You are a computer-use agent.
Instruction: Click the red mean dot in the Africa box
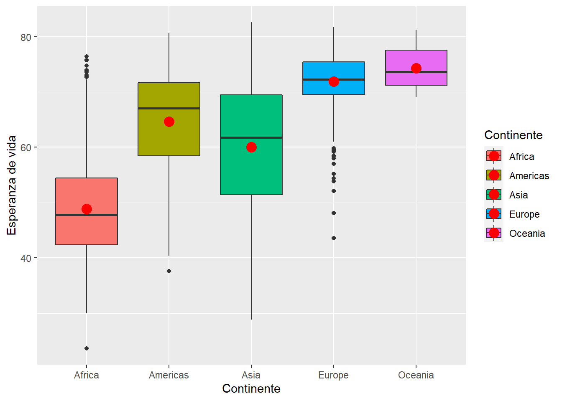(87, 209)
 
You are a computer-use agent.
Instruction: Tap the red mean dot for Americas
(169, 122)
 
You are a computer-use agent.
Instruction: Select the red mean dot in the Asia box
(251, 147)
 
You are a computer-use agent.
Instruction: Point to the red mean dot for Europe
(334, 81)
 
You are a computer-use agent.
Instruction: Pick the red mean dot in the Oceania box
(416, 68)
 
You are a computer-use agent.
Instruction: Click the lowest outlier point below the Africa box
(87, 348)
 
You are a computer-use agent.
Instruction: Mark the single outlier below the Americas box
(169, 271)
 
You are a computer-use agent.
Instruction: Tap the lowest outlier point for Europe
(334, 238)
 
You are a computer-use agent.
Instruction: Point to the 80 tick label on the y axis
(26, 37)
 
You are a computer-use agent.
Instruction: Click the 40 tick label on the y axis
(26, 258)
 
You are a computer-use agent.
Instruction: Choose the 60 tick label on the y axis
(26, 147)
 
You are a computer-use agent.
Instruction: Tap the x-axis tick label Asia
(251, 375)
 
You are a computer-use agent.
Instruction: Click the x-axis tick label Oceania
(416, 375)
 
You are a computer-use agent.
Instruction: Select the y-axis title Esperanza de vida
(12, 185)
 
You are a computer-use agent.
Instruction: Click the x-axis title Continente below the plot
(251, 389)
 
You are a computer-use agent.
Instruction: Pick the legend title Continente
(513, 135)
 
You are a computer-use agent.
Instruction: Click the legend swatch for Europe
(494, 214)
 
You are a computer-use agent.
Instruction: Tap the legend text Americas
(529, 176)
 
